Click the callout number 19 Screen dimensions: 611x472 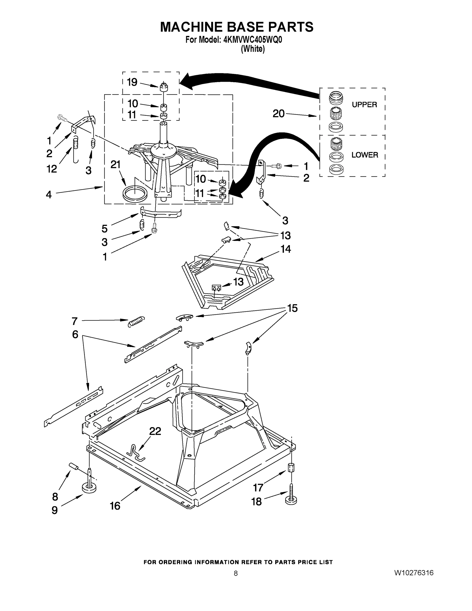132,82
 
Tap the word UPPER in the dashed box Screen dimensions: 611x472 364,105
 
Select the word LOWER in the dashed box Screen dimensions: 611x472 365,155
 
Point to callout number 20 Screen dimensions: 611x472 279,114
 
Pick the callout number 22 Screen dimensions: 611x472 155,431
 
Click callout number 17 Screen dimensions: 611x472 258,488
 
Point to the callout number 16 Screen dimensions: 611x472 115,506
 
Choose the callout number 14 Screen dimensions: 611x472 285,249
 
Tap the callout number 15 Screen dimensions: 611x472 292,308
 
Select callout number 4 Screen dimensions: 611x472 49,195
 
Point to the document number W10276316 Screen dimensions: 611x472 414,573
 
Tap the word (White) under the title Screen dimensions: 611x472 253,49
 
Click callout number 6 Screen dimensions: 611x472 75,334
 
